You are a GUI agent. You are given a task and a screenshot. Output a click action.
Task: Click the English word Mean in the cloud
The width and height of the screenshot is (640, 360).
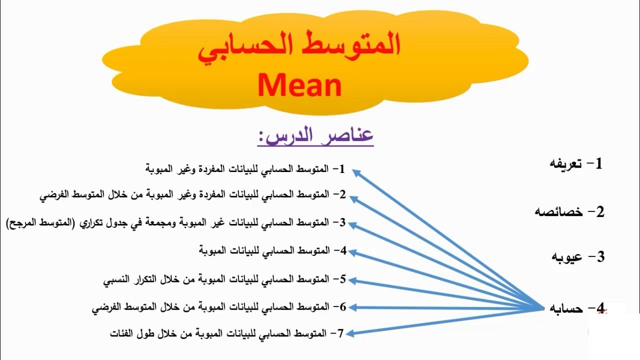point(299,85)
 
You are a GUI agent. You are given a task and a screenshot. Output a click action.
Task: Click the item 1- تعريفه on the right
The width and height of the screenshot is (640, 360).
point(575,163)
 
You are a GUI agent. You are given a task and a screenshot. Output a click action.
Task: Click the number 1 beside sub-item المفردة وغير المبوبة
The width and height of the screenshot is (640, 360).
point(342,169)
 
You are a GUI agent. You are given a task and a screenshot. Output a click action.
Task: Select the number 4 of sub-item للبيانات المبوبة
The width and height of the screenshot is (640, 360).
point(343,250)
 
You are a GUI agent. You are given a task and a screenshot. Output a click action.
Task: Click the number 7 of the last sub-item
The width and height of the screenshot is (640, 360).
point(341,333)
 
